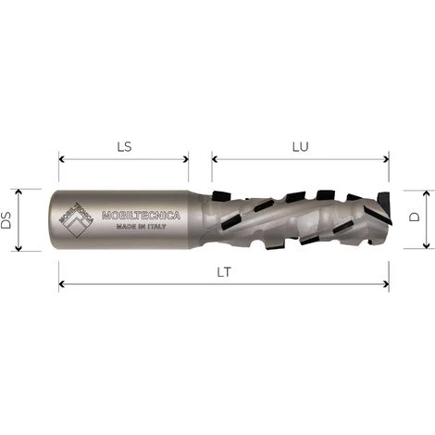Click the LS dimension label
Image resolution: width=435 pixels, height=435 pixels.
click(123, 145)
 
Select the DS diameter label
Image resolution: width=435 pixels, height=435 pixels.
click(7, 219)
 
